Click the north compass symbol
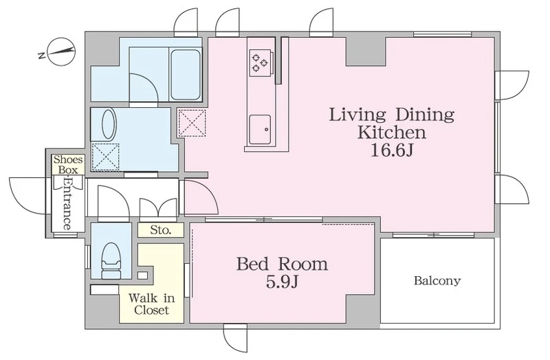[61, 52]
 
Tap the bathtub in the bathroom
[186, 74]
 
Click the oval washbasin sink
[109, 124]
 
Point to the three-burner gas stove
[260, 63]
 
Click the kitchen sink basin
[260, 129]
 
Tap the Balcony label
[437, 280]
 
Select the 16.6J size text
[392, 150]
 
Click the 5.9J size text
[283, 282]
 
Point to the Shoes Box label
[68, 164]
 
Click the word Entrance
[67, 203]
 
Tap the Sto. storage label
[161, 230]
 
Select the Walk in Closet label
[151, 304]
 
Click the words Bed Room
[283, 264]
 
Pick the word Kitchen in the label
[392, 133]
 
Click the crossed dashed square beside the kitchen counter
[192, 123]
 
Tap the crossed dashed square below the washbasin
[105, 157]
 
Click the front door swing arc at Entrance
[28, 196]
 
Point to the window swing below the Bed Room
[236, 338]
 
